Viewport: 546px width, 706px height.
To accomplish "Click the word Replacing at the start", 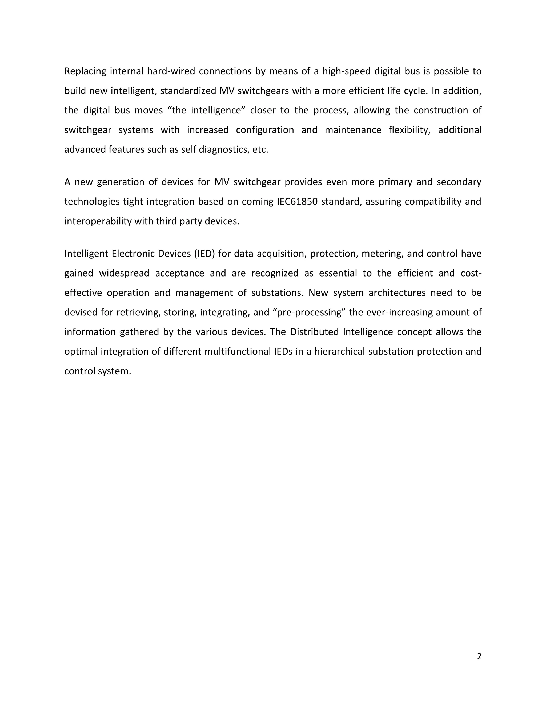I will click(85, 71).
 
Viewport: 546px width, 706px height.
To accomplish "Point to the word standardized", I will click(188, 91).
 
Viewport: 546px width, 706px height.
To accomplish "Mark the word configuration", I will click(265, 130).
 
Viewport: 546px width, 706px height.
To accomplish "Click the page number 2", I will click(479, 656).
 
